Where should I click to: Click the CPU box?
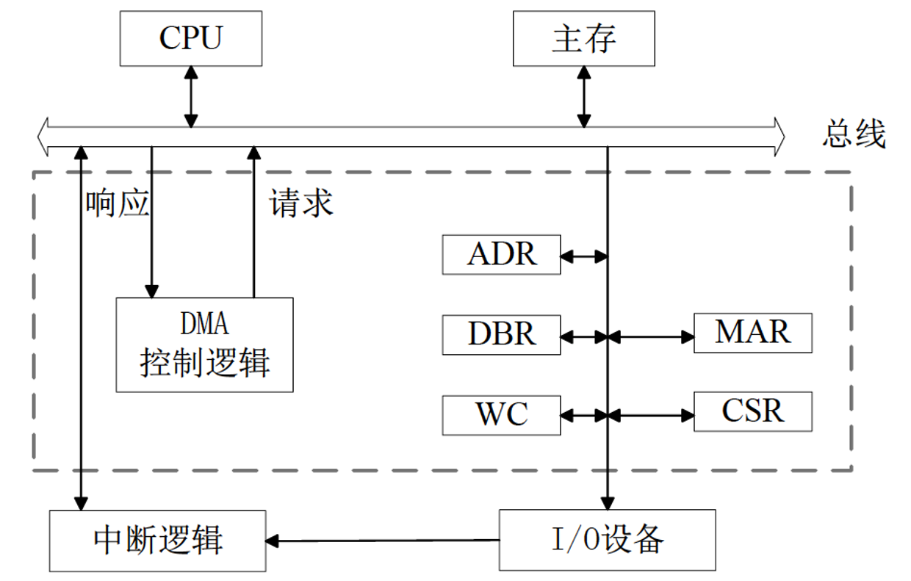(191, 37)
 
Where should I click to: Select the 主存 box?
(583, 38)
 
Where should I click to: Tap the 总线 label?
(854, 135)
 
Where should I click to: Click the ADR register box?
(501, 255)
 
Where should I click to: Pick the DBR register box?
(501, 334)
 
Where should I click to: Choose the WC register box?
(501, 414)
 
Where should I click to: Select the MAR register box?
(752, 332)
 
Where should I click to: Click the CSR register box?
(752, 411)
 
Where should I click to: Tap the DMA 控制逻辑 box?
(204, 344)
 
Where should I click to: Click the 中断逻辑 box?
(157, 541)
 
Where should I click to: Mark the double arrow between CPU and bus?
(191, 95)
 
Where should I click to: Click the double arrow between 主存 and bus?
(583, 96)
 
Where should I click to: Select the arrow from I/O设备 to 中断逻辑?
(382, 541)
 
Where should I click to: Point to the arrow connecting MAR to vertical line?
(651, 336)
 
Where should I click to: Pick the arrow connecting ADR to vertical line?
(584, 256)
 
